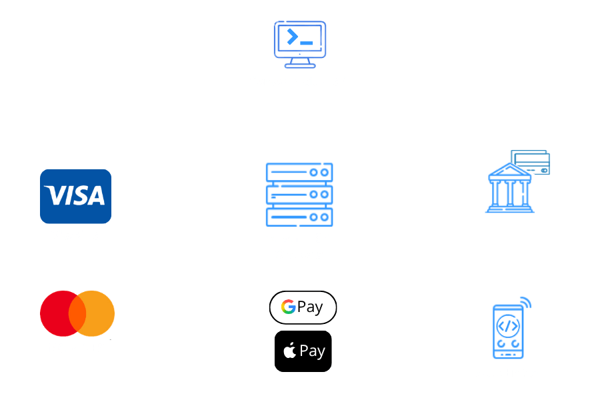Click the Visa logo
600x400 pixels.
pos(76,197)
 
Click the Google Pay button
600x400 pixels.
pos(303,307)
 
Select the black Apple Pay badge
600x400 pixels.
pos(303,351)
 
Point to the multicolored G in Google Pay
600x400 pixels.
pos(289,307)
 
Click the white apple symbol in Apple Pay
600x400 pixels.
pos(290,350)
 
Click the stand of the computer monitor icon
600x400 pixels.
pos(300,63)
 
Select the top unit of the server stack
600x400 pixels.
pos(299,172)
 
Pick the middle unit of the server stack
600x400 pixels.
pos(299,195)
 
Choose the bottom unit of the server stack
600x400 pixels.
pos(299,217)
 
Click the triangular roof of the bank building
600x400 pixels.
pos(510,171)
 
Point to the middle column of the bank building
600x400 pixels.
pos(510,193)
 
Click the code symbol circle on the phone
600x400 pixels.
pos(508,326)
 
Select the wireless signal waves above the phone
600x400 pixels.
pos(526,303)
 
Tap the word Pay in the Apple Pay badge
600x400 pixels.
pos(312,351)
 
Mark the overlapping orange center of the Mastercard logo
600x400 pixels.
pos(77,313)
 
